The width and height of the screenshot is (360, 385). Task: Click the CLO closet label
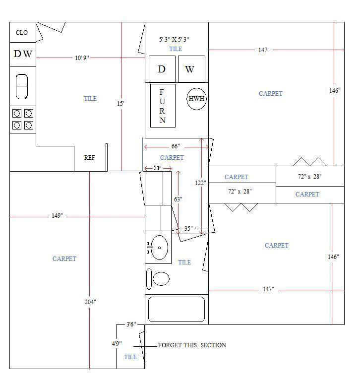(22, 32)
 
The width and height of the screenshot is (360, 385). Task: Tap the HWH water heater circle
(196, 99)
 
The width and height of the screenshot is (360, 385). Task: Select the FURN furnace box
(163, 106)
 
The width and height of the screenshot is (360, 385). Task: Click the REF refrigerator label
(89, 157)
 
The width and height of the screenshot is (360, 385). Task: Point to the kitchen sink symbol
(22, 86)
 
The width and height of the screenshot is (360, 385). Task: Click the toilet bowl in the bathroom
(161, 279)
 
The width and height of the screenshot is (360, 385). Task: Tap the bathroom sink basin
(160, 248)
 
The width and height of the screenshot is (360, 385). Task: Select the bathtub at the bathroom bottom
(177, 309)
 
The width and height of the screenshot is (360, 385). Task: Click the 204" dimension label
(90, 302)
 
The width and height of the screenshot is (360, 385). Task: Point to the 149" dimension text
(57, 216)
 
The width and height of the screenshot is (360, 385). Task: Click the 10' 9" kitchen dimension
(82, 58)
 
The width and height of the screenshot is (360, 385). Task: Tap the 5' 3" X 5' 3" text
(174, 39)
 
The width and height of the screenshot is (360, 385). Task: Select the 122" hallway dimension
(200, 183)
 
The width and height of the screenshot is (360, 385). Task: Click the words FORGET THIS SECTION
(192, 345)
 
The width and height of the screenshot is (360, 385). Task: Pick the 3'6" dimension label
(131, 324)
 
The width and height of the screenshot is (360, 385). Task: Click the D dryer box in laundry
(162, 69)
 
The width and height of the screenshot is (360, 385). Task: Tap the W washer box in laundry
(191, 69)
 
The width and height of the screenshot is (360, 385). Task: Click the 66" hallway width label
(176, 146)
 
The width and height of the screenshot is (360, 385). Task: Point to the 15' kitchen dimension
(120, 103)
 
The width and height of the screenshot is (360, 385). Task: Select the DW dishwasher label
(23, 54)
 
